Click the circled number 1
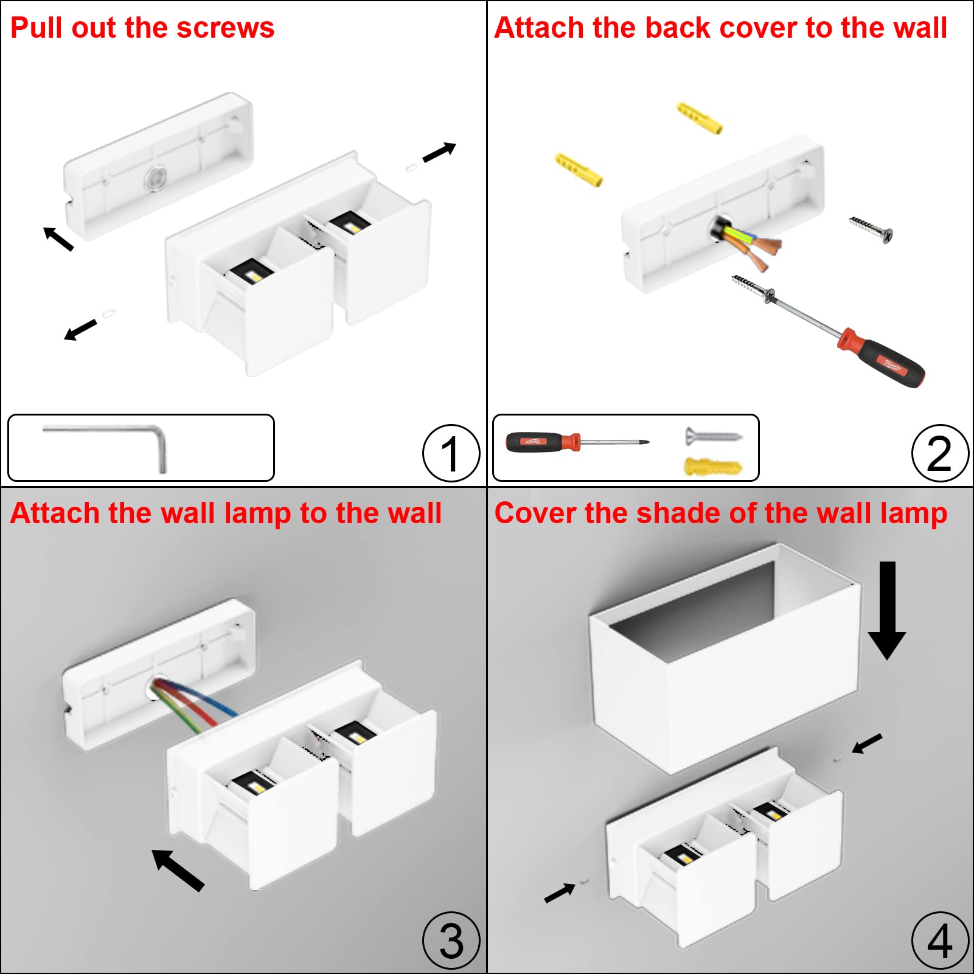pyautogui.click(x=451, y=453)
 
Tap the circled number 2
pyautogui.click(x=940, y=453)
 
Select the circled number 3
pyautogui.click(x=451, y=941)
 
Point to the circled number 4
pyautogui.click(x=940, y=941)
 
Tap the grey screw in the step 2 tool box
pyautogui.click(x=714, y=436)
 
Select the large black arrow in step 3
pyautogui.click(x=177, y=870)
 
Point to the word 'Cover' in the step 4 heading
pyautogui.click(x=535, y=513)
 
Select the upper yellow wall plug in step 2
pyautogui.click(x=700, y=118)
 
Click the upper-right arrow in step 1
pyautogui.click(x=439, y=152)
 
